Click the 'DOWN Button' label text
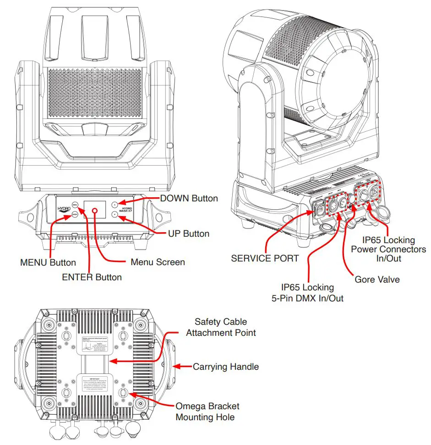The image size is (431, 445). (189, 198)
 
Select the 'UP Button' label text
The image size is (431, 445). (189, 234)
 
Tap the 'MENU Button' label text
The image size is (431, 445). (48, 263)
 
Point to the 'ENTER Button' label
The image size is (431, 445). (92, 277)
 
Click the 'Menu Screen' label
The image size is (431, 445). (158, 262)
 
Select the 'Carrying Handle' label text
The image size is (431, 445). (226, 367)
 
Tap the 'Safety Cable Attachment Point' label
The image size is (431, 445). (221, 327)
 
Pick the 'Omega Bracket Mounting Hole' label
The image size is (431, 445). (207, 412)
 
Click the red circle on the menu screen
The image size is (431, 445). (95, 211)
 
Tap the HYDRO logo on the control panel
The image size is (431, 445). (64, 209)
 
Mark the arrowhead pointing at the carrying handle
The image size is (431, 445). (178, 366)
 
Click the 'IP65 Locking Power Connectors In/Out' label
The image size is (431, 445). (388, 249)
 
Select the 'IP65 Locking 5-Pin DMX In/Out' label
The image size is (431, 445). (308, 292)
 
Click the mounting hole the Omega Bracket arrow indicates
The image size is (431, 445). (123, 393)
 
